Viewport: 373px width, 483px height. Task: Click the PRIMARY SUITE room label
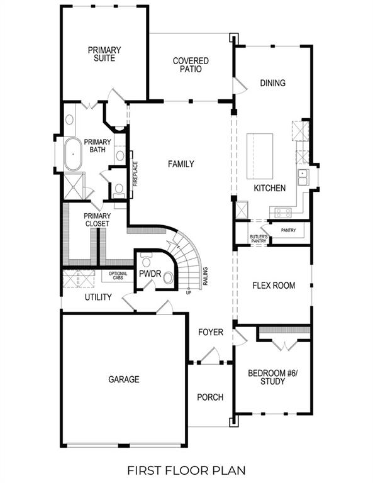coord(104,54)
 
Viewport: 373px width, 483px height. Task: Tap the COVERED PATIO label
coord(191,65)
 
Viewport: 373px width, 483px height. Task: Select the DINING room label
coord(272,83)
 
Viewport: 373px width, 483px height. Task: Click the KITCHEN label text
coord(269,188)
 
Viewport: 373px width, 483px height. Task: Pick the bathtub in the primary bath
coord(72,155)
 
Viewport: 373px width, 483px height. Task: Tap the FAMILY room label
coord(181,164)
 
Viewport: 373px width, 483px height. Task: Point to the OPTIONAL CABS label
coord(118,275)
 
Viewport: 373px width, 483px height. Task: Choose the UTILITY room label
coord(97,297)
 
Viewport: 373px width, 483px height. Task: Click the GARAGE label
coord(123,379)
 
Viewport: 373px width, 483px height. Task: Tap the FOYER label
coord(210,332)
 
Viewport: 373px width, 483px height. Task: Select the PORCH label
coord(209,397)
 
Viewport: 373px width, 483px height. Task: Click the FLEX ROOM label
coord(274,286)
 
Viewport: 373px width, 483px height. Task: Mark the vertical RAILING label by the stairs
coord(206,277)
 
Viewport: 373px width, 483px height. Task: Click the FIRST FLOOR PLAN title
coord(186,470)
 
